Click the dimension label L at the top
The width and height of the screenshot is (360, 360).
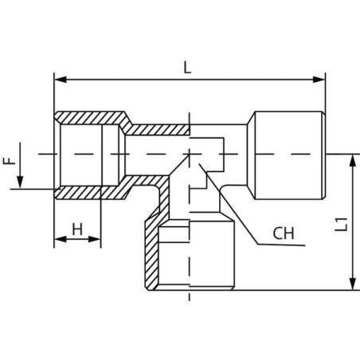tap(187, 67)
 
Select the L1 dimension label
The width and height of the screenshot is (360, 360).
tap(341, 225)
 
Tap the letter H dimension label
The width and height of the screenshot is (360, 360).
tap(77, 229)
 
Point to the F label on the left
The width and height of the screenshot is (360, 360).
tap(10, 161)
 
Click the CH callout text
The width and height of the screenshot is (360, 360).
tap(284, 233)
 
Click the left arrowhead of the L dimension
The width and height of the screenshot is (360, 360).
tap(61, 80)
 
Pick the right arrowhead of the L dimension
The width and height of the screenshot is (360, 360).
tap(319, 80)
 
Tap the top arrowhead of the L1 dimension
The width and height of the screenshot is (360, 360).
tap(353, 160)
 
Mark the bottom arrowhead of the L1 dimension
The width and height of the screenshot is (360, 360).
tap(353, 284)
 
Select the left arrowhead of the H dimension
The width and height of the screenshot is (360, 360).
tap(61, 239)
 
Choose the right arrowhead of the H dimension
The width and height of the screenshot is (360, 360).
tap(95, 239)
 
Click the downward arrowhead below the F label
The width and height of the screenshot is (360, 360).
tap(20, 182)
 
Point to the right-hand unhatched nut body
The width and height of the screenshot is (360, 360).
tap(289, 155)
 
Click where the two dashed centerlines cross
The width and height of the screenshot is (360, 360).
tap(190, 154)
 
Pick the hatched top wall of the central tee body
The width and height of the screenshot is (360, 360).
tap(158, 129)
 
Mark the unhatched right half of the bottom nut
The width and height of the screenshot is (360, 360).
tap(212, 254)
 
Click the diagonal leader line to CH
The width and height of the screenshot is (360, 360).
tap(229, 204)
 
